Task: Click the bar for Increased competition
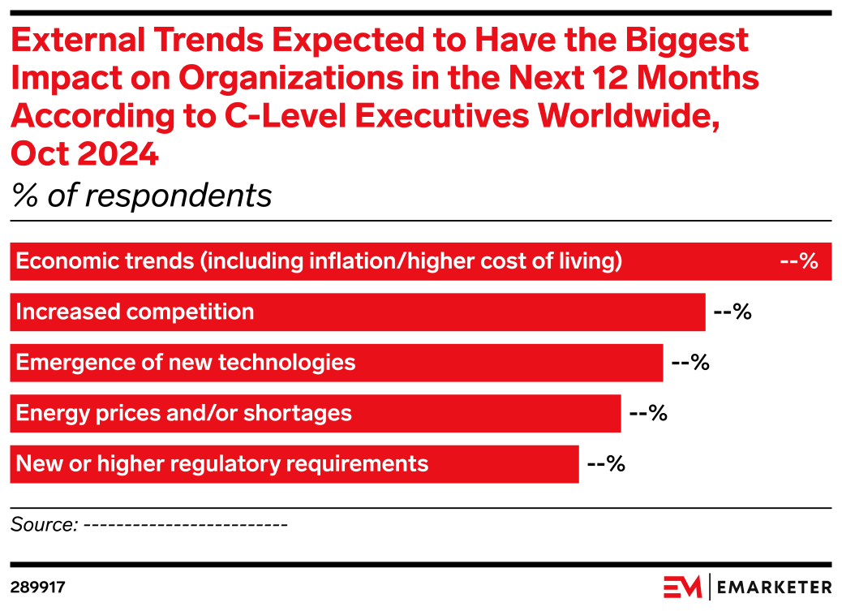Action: (357, 312)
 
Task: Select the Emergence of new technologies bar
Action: (336, 363)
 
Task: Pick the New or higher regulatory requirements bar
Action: (294, 464)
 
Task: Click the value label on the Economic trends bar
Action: (798, 262)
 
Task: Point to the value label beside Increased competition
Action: (732, 312)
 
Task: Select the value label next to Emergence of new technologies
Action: (690, 363)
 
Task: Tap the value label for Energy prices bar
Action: (648, 414)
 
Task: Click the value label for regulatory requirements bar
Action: (606, 464)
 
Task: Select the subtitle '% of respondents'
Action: (142, 196)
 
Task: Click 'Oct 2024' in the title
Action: (84, 153)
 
